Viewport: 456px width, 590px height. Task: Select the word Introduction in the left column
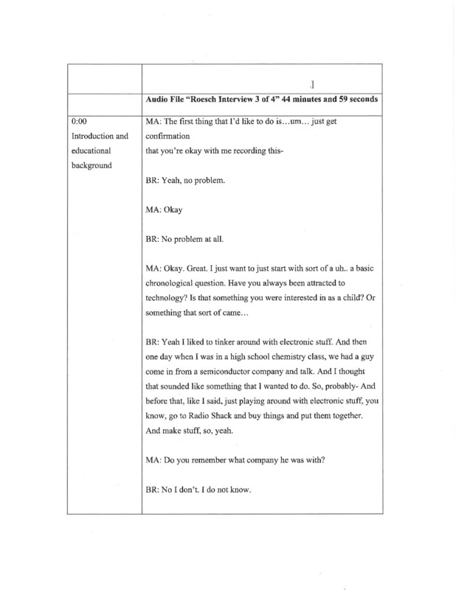(x=92, y=136)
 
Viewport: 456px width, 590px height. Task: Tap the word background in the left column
(x=91, y=165)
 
